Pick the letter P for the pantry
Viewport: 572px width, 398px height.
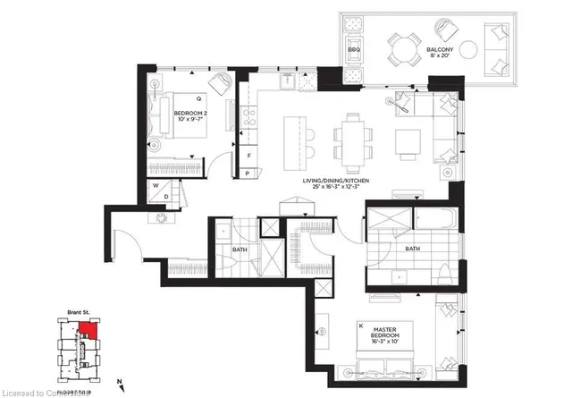click(x=249, y=170)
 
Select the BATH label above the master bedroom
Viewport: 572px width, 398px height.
click(x=412, y=249)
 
